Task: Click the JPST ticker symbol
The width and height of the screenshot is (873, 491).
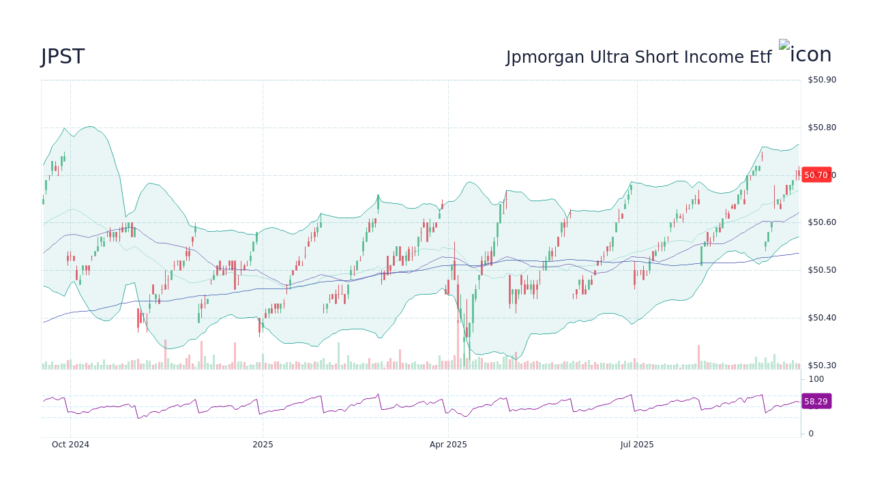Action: click(x=63, y=57)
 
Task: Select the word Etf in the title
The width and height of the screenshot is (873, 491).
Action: click(x=757, y=58)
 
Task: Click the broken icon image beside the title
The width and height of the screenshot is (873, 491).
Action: click(x=784, y=46)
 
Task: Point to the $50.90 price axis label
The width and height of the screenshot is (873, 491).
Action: click(x=822, y=80)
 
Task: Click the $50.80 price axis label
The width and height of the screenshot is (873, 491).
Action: click(x=822, y=128)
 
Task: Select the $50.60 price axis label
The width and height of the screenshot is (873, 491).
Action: click(x=822, y=222)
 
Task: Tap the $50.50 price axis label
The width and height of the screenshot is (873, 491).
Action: click(x=822, y=270)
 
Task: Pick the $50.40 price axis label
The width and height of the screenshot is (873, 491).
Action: click(x=822, y=318)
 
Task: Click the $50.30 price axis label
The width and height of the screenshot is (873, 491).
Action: click(x=822, y=366)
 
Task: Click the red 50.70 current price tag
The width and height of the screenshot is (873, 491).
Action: click(x=816, y=175)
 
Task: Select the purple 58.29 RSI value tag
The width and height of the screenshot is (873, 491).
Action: click(x=816, y=402)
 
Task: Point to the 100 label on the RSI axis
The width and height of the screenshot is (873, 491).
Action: click(x=816, y=379)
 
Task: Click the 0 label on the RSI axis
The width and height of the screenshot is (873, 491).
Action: click(x=811, y=434)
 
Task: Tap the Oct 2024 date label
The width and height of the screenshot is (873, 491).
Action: click(x=70, y=445)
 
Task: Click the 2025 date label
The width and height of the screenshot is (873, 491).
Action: click(x=263, y=445)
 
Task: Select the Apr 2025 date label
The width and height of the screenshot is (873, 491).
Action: click(x=448, y=445)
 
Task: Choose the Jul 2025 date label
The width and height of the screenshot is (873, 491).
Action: click(x=637, y=445)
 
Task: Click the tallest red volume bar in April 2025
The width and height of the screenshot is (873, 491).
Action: click(x=458, y=344)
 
